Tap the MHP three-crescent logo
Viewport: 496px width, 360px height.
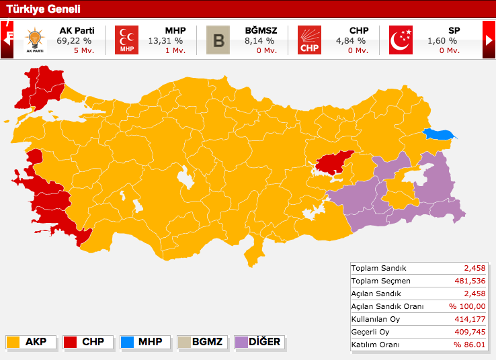[126, 40]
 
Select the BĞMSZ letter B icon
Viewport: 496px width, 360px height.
[218, 40]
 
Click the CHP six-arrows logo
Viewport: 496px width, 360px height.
[310, 40]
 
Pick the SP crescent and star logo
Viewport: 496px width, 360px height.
[401, 40]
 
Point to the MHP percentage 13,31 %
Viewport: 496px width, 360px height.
[165, 41]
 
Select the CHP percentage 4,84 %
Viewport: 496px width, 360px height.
[351, 41]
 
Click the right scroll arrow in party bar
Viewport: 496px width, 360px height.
[489, 40]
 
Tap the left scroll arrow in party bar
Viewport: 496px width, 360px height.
[8, 40]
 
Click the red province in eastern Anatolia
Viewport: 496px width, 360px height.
[334, 162]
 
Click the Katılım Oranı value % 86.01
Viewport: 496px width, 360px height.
[468, 345]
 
